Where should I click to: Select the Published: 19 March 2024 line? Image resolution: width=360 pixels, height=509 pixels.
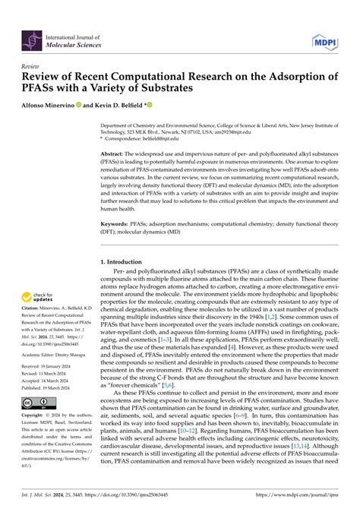point(51,387)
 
